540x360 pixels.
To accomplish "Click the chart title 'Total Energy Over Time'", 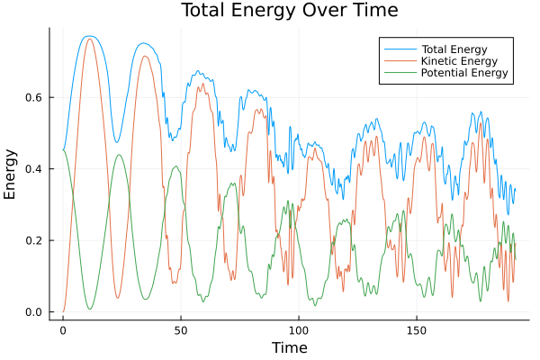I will tap(276, 11).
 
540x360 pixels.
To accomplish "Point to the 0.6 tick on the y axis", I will tap(34, 97).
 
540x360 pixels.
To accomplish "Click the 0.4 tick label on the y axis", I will tap(34, 169).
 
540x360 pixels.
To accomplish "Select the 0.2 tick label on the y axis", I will tap(34, 240).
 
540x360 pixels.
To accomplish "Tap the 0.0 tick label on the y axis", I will tap(34, 312).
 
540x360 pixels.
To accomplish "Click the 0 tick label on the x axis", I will tap(63, 330).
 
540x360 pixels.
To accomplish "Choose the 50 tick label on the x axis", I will tap(180, 330).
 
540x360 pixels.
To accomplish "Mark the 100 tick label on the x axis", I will tap(298, 330).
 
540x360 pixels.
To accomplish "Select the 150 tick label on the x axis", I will tap(416, 330).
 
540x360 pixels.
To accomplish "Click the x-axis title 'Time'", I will tap(290, 347).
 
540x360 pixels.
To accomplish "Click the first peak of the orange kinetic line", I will tap(89, 39).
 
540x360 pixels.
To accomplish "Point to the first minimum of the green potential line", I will tap(89, 310).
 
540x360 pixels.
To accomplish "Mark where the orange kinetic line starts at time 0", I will tap(63, 311).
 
